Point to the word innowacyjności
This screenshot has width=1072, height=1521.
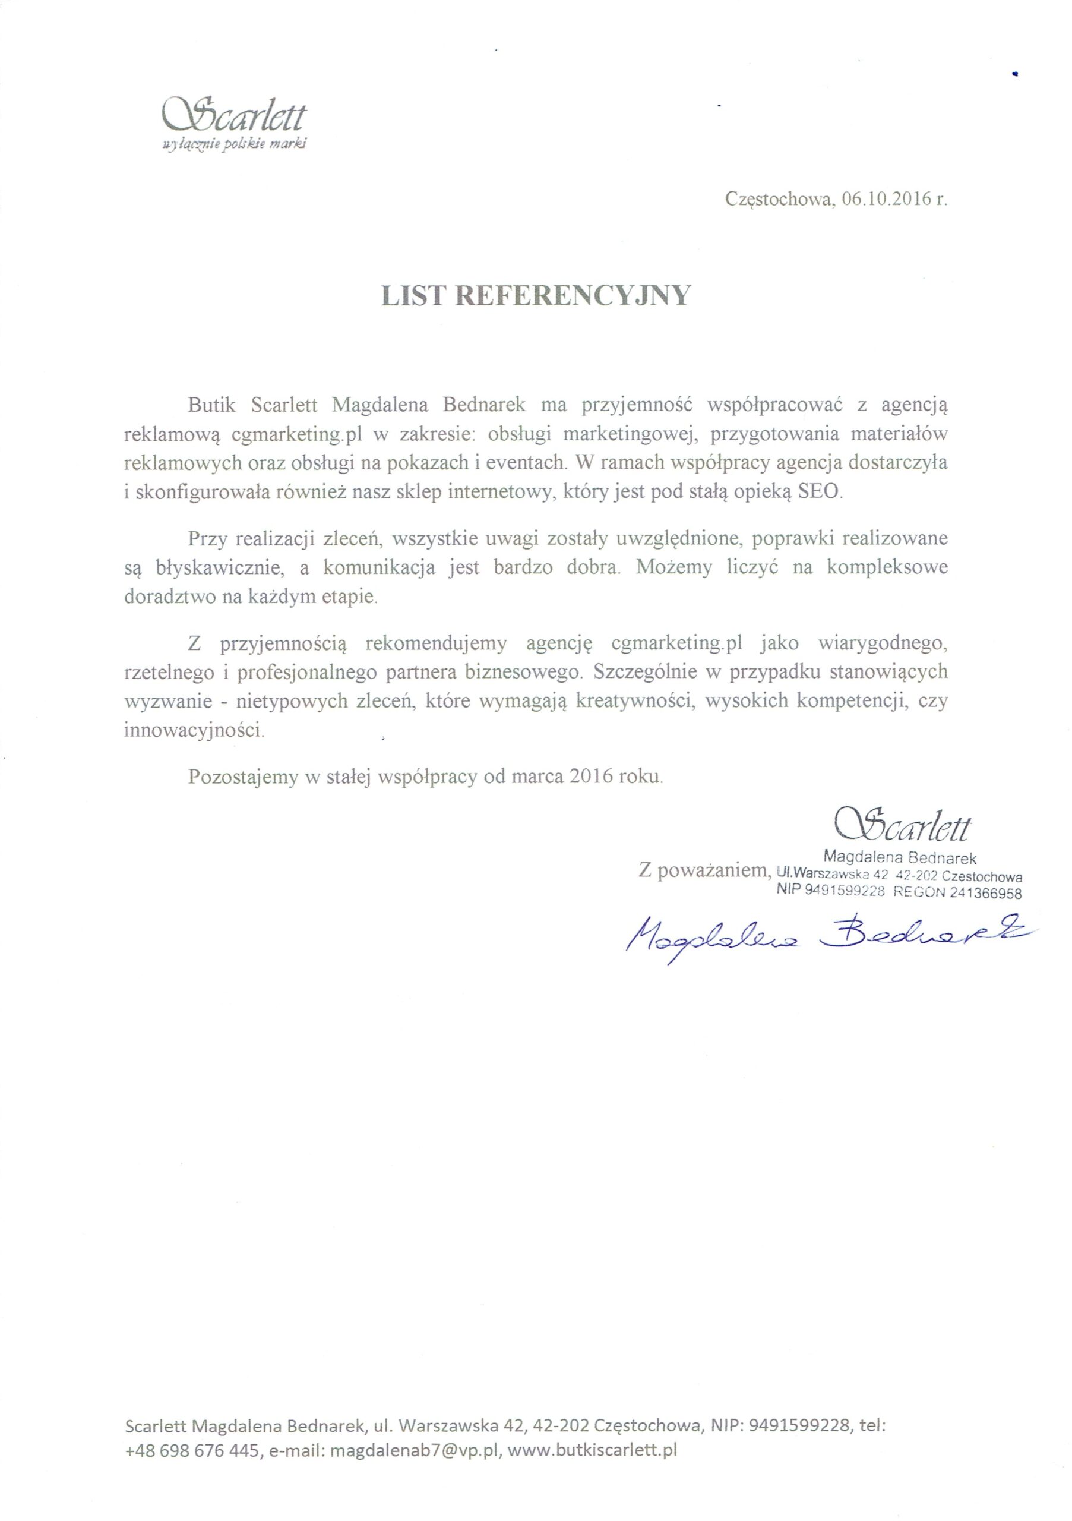[194, 731]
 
